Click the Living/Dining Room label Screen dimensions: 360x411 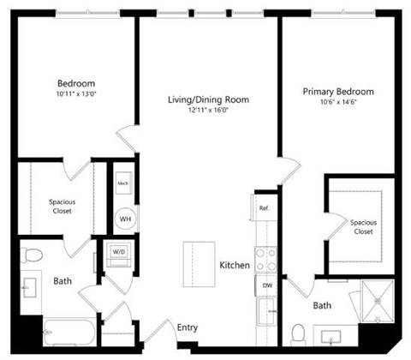pyautogui.click(x=208, y=100)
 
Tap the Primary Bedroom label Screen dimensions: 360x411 pyautogui.click(x=338, y=91)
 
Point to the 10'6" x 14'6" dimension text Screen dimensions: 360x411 pyautogui.click(x=338, y=102)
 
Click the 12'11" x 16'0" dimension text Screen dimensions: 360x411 pyautogui.click(x=208, y=111)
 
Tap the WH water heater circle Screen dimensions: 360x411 pyautogui.click(x=125, y=219)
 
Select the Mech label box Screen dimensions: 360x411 pyautogui.click(x=123, y=183)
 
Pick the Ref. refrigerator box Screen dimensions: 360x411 pyautogui.click(x=265, y=208)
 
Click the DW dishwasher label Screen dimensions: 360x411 pyautogui.click(x=266, y=285)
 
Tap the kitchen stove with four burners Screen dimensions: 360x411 pyautogui.click(x=265, y=259)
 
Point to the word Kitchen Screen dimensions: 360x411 pyautogui.click(x=235, y=266)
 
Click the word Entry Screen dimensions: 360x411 pyautogui.click(x=188, y=327)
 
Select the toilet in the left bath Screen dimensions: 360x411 pyautogui.click(x=33, y=255)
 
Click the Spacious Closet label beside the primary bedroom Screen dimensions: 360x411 pyautogui.click(x=363, y=226)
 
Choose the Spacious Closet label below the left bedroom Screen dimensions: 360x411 pyautogui.click(x=63, y=207)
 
